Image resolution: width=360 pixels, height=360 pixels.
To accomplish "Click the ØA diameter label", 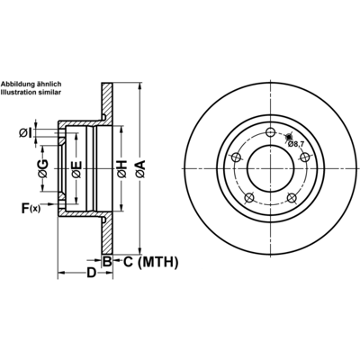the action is pyautogui.click(x=140, y=169).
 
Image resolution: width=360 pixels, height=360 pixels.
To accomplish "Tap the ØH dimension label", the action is pyautogui.click(x=122, y=169).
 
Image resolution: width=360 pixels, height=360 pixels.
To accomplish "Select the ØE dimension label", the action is pyautogui.click(x=76, y=169).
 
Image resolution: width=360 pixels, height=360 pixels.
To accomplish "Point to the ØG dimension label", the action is pyautogui.click(x=43, y=168).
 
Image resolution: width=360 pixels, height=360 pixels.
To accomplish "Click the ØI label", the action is pyautogui.click(x=25, y=133).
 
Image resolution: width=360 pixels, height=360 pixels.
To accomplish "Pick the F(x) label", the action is pyautogui.click(x=31, y=208).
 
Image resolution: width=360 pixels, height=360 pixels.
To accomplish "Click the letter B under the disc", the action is pyautogui.click(x=107, y=262).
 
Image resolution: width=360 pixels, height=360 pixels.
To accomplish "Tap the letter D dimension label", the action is pyautogui.click(x=91, y=273).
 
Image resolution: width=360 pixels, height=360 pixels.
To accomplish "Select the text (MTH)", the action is pyautogui.click(x=157, y=262).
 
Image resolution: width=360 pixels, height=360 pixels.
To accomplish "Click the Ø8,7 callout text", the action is pyautogui.click(x=296, y=144).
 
